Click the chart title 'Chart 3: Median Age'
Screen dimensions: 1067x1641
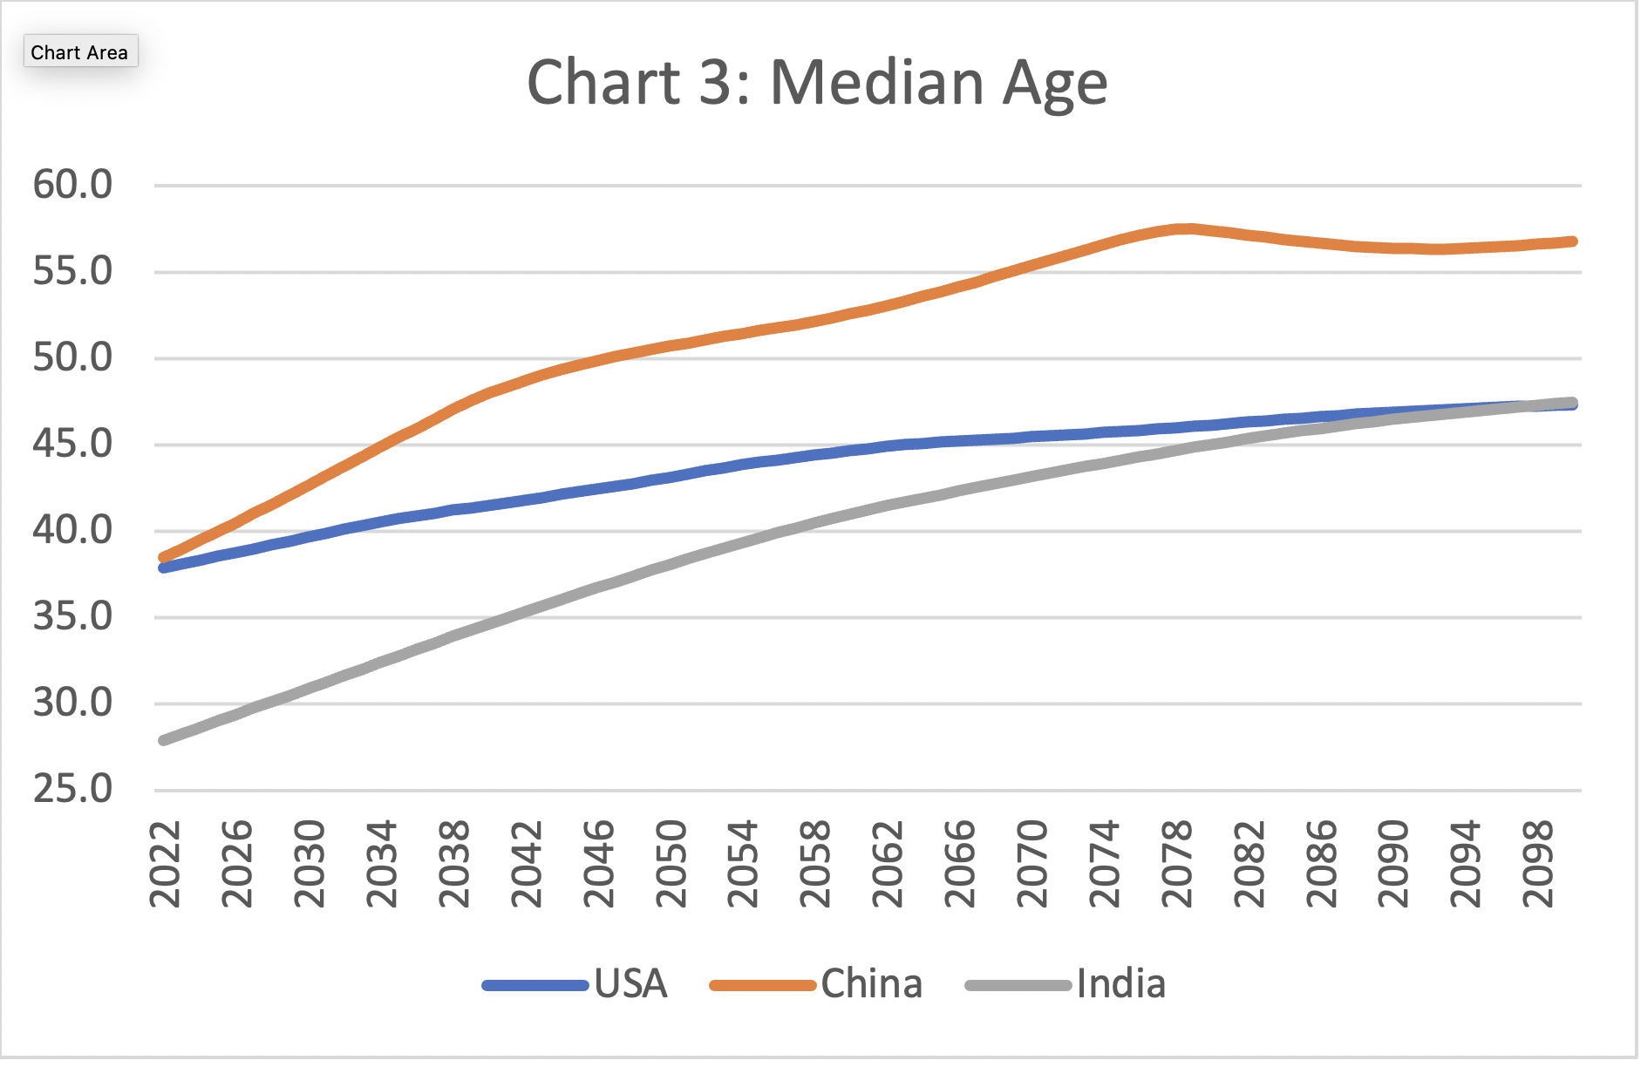pos(817,84)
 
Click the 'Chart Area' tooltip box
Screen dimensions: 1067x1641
pos(79,52)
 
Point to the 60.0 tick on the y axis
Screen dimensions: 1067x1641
pos(73,185)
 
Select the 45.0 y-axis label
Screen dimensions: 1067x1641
pos(73,445)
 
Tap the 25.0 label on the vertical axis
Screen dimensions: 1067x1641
pos(73,790)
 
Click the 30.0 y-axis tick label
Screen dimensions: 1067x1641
pos(73,703)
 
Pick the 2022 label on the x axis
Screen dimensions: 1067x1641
pos(164,864)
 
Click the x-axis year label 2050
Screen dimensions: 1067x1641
pos(671,864)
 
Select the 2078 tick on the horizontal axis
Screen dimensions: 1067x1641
pos(1177,864)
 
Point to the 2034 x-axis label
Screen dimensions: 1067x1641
pos(381,864)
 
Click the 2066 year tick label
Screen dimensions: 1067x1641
pos(960,864)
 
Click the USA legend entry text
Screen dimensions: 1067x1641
pos(630,984)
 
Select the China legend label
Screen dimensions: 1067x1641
pos(871,984)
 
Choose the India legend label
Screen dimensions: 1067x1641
pos(1120,984)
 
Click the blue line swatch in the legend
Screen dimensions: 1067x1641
pos(535,986)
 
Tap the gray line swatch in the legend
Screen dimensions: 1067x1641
pos(1018,986)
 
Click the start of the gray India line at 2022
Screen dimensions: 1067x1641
pos(164,740)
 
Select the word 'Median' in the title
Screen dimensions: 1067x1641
pos(877,84)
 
